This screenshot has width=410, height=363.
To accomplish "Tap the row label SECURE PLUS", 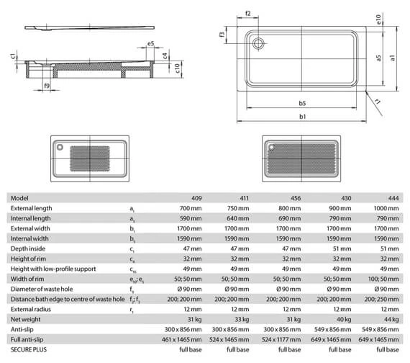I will pos(27,348).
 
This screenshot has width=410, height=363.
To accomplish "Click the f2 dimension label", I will pos(248,13).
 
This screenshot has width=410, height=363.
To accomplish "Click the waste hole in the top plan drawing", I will pos(258,41).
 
